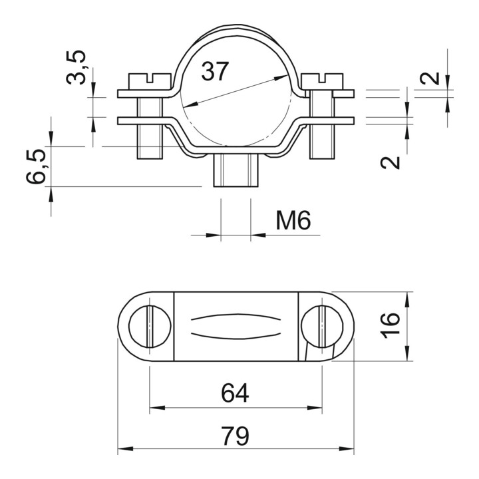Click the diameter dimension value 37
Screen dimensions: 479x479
click(215, 71)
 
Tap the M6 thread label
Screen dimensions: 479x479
click(293, 220)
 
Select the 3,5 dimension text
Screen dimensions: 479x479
click(76, 67)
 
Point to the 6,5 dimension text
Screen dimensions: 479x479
click(36, 166)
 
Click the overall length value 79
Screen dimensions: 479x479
click(236, 436)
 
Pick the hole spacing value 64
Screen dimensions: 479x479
click(235, 393)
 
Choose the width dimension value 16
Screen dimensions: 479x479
click(390, 325)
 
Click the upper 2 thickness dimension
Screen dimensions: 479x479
click(430, 79)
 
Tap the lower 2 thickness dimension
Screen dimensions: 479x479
click(390, 162)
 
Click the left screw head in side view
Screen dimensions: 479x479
click(150, 81)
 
